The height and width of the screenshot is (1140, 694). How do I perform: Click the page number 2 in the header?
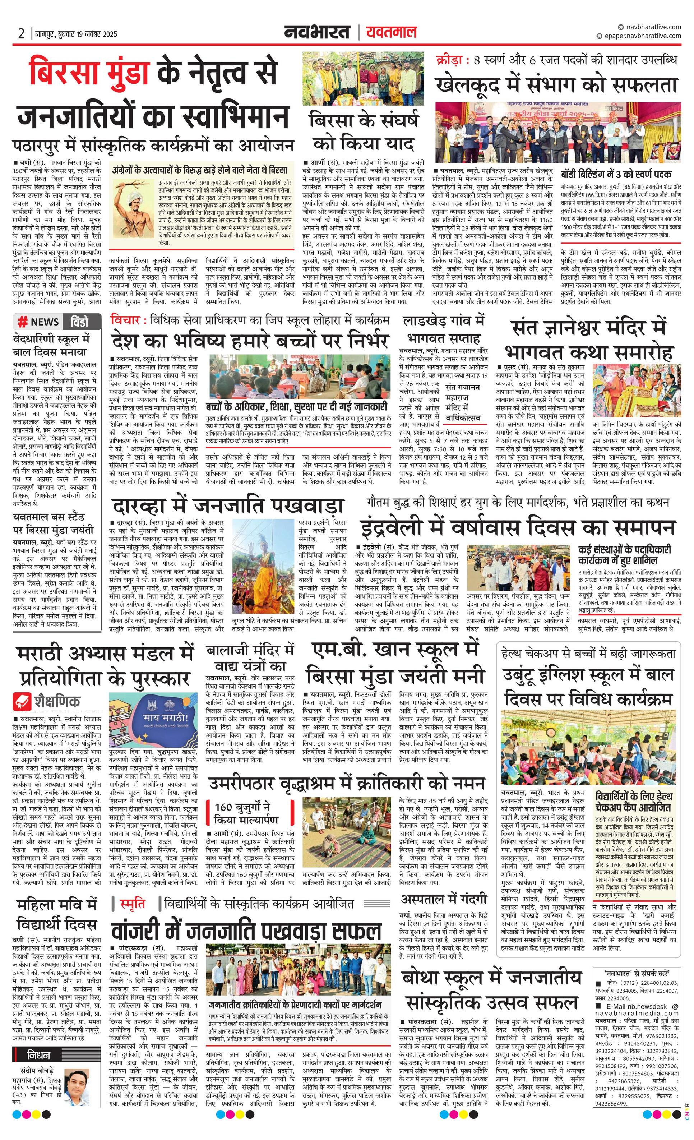[21, 33]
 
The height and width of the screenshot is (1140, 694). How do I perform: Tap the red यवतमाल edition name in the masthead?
[391, 32]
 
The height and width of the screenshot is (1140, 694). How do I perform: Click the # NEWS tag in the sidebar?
[38, 322]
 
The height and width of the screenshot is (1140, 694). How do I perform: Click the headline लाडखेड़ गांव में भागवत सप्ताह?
[443, 329]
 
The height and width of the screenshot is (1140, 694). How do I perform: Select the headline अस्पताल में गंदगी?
[443, 899]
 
